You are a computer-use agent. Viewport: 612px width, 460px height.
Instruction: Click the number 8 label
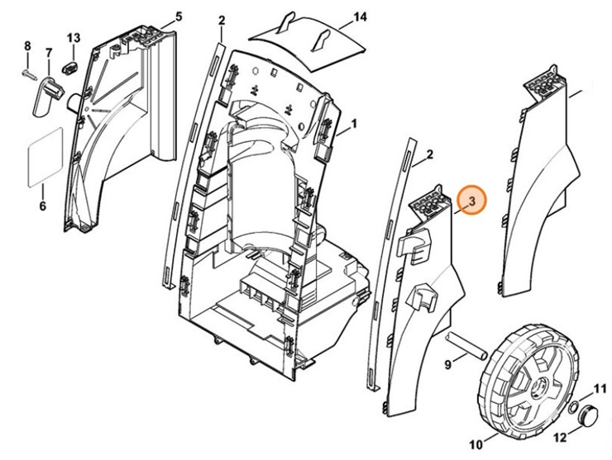26,45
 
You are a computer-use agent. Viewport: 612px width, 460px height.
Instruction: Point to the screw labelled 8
28,74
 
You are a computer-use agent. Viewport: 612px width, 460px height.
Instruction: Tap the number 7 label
48,54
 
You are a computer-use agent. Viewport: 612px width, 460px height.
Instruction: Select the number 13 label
74,38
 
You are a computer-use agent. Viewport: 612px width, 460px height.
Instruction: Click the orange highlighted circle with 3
472,201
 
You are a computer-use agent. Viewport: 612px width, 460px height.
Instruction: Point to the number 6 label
42,206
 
